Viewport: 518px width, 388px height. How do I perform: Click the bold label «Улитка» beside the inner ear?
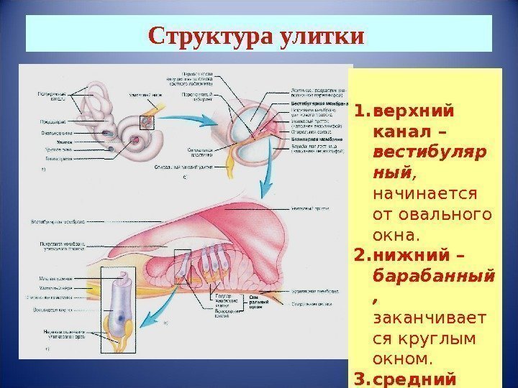[53, 142]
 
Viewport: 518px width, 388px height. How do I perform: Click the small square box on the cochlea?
[147, 122]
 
